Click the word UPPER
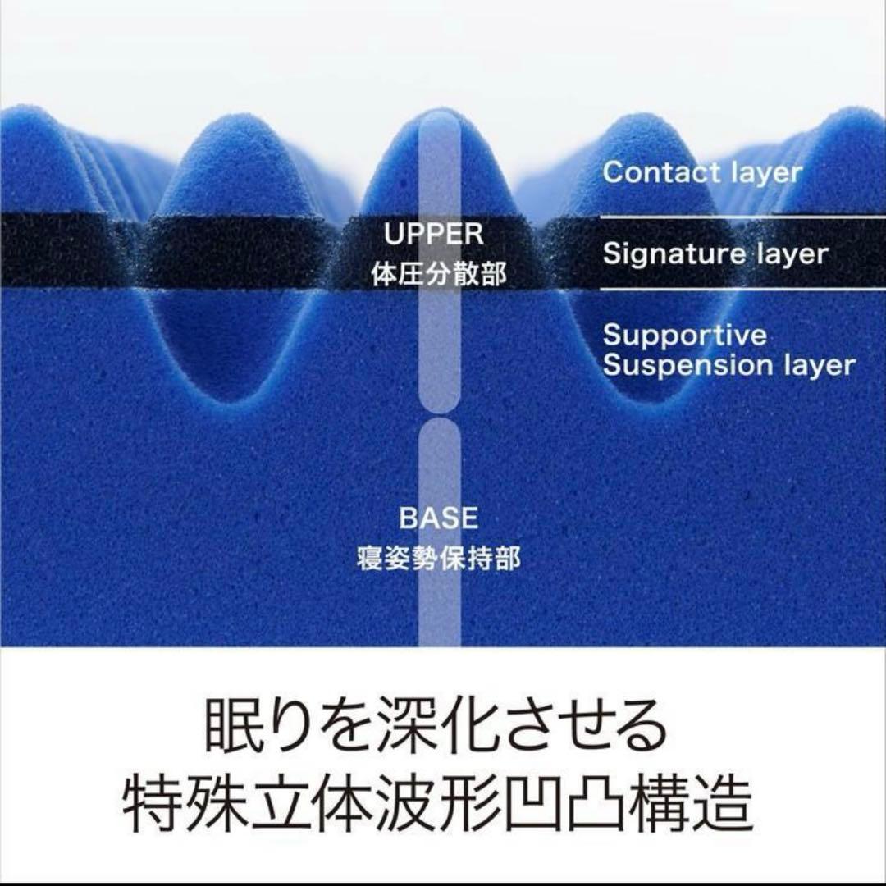point(434,235)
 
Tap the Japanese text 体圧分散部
point(439,273)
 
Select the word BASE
point(438,518)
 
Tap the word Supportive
point(685,335)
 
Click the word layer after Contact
point(765,172)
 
